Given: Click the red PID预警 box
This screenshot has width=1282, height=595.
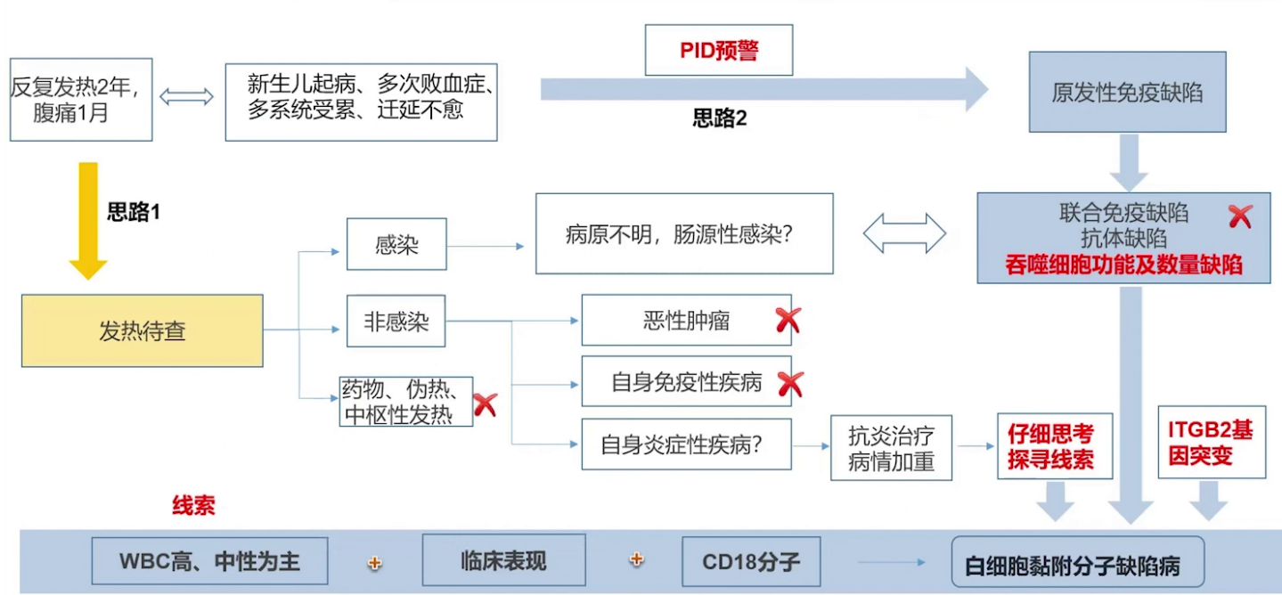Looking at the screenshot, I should point(718,50).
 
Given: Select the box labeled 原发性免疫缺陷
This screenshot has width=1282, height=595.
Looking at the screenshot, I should point(1127,93).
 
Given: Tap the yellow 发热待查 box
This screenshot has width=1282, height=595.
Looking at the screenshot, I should point(143,331).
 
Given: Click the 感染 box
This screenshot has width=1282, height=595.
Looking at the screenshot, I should point(396,244).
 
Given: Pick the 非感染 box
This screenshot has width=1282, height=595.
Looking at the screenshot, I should point(396,321).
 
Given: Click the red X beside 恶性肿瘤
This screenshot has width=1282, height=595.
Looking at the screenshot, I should point(788,321).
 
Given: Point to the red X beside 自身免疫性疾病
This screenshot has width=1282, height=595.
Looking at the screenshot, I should point(790,384).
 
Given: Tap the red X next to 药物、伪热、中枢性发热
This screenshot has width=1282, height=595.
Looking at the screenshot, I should point(485,404).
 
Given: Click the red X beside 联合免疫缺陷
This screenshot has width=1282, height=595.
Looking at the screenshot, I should point(1239,216).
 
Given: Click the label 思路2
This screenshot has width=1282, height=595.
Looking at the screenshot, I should point(720,118).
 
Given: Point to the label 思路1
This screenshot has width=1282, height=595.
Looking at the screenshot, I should point(133,212).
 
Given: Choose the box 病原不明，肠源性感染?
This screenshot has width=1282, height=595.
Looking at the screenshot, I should point(683,234).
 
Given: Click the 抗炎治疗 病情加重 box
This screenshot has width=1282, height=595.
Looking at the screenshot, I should point(891,448).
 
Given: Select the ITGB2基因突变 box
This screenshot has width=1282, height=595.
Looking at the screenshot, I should point(1210,442).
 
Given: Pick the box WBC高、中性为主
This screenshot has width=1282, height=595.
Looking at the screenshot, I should point(209,561).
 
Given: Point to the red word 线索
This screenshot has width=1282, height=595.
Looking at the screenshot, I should point(193,506).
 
